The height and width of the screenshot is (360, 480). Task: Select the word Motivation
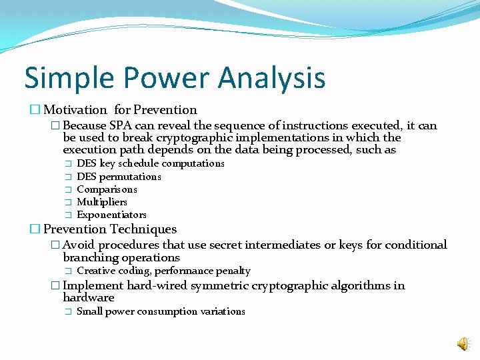(75, 110)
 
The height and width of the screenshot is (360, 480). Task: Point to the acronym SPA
(121, 125)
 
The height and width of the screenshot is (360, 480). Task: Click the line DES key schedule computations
(151, 163)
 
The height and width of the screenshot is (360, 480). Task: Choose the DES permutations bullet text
(119, 177)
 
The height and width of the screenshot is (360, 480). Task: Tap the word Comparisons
(107, 189)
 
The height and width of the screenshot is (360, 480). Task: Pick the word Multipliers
(102, 202)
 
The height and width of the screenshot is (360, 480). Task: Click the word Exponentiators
(111, 215)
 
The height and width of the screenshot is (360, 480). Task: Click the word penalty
(233, 271)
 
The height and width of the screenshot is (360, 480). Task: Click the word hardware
(89, 298)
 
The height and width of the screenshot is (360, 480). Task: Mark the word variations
(223, 311)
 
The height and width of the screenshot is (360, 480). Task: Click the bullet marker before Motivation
(35, 110)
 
